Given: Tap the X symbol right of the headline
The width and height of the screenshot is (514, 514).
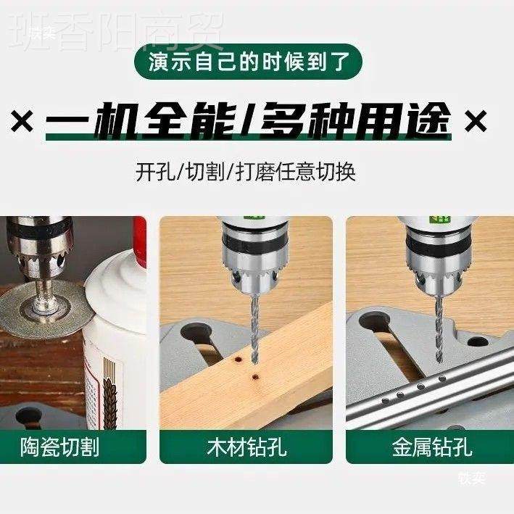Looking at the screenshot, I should point(476,120).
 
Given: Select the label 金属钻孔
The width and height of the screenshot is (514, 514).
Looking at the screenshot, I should point(432,447).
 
